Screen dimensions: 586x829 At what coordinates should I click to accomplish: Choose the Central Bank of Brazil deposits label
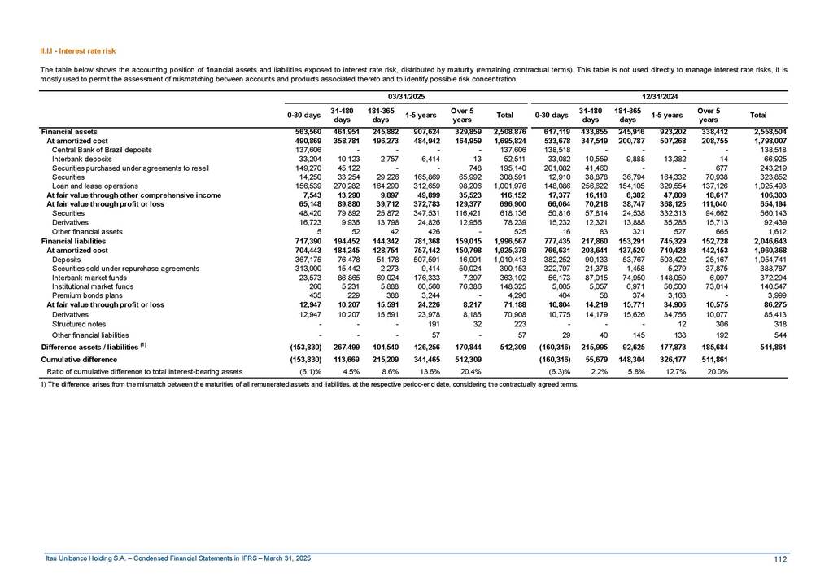[x=102, y=150]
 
